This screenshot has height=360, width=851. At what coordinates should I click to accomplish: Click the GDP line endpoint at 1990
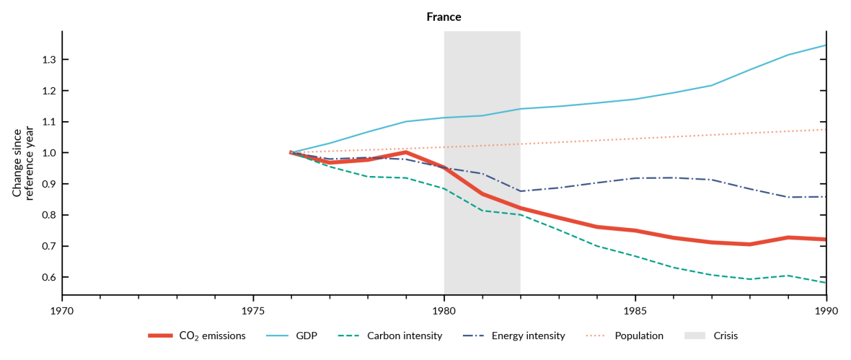tap(826, 45)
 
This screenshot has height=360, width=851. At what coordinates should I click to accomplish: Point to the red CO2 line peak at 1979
tap(406, 152)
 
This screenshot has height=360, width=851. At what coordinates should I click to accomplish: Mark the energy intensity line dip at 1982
tap(521, 191)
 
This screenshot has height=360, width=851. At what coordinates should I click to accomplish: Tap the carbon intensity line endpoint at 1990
tap(826, 282)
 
